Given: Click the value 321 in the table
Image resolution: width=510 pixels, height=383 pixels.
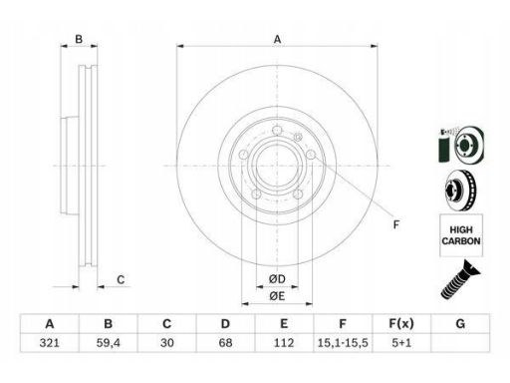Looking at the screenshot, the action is (50, 343).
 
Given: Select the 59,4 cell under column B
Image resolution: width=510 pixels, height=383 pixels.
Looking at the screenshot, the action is (109, 343).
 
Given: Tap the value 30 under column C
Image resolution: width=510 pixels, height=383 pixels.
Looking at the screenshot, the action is (167, 343).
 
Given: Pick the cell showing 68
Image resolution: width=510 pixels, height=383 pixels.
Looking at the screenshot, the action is (225, 343).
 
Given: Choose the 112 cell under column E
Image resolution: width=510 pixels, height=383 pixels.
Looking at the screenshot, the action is (284, 343).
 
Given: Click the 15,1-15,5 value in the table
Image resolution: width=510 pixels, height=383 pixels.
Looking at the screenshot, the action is (343, 343).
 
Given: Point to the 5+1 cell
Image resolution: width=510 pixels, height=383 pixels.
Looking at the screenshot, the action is (401, 343).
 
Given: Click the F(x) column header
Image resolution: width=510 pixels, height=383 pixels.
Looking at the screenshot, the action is (401, 323).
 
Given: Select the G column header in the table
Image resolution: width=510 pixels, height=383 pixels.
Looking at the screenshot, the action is (460, 323).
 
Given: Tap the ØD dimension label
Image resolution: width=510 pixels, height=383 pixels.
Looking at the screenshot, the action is (277, 279).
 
